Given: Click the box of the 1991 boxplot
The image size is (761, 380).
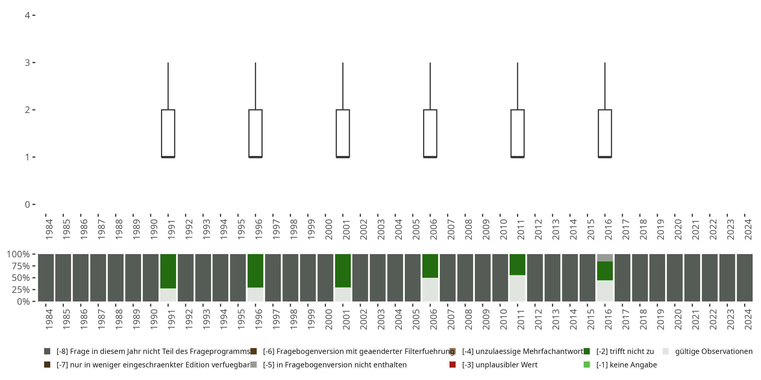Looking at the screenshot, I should [168, 133].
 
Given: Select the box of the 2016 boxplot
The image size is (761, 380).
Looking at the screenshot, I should [605, 133].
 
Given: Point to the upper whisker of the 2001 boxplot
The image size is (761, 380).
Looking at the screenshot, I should [343, 86].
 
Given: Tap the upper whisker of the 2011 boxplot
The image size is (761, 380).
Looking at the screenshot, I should [517, 86].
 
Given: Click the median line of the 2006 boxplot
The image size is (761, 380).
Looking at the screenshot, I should [430, 157].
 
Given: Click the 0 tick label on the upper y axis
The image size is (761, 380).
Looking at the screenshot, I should [27, 204].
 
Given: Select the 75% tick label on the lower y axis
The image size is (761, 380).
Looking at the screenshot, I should [21, 266].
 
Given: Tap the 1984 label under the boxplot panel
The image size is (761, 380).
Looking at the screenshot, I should [49, 229].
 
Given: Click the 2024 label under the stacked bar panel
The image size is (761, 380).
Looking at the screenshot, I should [748, 319].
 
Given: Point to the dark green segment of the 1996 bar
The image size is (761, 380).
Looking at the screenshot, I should [255, 270].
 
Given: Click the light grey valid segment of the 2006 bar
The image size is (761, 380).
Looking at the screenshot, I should [430, 289].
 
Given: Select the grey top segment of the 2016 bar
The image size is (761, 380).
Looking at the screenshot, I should [605, 258].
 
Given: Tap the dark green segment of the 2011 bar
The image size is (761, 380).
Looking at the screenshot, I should [517, 264].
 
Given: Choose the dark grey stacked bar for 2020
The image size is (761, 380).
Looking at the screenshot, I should [675, 278].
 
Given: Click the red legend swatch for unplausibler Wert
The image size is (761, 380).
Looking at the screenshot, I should [452, 365].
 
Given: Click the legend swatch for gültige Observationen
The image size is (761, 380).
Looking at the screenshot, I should [666, 351].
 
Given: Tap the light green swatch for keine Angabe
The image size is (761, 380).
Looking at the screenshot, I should [587, 365].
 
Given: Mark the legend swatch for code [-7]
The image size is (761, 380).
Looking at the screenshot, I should [47, 365].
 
